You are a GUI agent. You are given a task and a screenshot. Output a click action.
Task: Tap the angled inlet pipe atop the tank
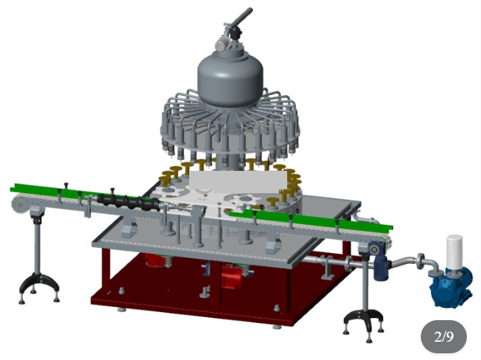click(240, 18)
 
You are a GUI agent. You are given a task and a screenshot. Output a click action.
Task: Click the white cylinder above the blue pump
click(455, 251)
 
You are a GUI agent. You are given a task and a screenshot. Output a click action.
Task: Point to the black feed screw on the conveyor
click(128, 202)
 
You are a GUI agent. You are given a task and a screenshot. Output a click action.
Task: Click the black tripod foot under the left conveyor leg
click(38, 283)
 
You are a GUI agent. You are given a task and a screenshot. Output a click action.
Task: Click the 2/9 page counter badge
click(443, 336)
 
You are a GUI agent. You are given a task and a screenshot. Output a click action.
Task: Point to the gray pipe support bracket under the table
click(326, 269)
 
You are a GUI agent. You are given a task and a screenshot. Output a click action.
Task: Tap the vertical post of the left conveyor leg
click(36, 242)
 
